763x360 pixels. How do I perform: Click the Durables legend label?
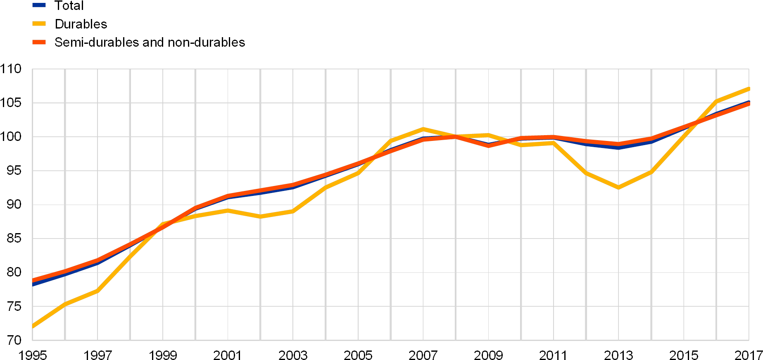82,24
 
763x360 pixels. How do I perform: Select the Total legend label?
69,6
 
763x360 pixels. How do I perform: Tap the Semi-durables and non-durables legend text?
150,43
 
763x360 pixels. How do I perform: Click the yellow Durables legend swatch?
39,24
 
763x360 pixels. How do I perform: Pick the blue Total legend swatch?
39,5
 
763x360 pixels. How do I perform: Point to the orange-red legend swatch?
39,42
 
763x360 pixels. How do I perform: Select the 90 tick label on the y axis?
14,205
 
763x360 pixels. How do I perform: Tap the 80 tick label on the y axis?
14,272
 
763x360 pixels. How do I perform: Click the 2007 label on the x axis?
423,355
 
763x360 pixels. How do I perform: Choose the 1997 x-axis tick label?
97,355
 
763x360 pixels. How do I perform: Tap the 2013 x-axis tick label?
618,355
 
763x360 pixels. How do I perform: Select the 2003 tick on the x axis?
293,355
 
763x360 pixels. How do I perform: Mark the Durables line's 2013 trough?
618,188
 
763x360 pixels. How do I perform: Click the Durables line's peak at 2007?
423,129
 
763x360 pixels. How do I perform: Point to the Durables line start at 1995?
33,327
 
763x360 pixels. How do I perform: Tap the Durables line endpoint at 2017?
749,89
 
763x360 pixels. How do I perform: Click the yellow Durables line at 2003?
293,211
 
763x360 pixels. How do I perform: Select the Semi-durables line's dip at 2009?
488,145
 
